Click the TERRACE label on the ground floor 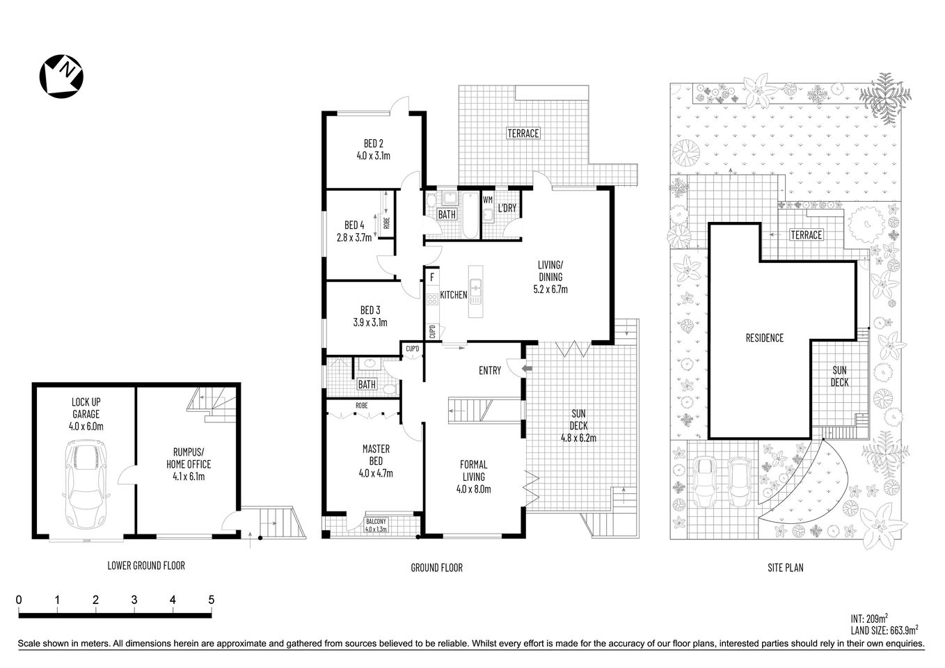(523, 133)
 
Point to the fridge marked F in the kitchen (432, 278)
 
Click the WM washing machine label (487, 200)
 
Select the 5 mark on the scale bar (211, 600)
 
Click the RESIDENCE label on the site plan (764, 337)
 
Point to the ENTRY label (489, 370)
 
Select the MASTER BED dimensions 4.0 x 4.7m (376, 473)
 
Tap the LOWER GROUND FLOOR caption (146, 566)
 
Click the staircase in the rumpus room (213, 404)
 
